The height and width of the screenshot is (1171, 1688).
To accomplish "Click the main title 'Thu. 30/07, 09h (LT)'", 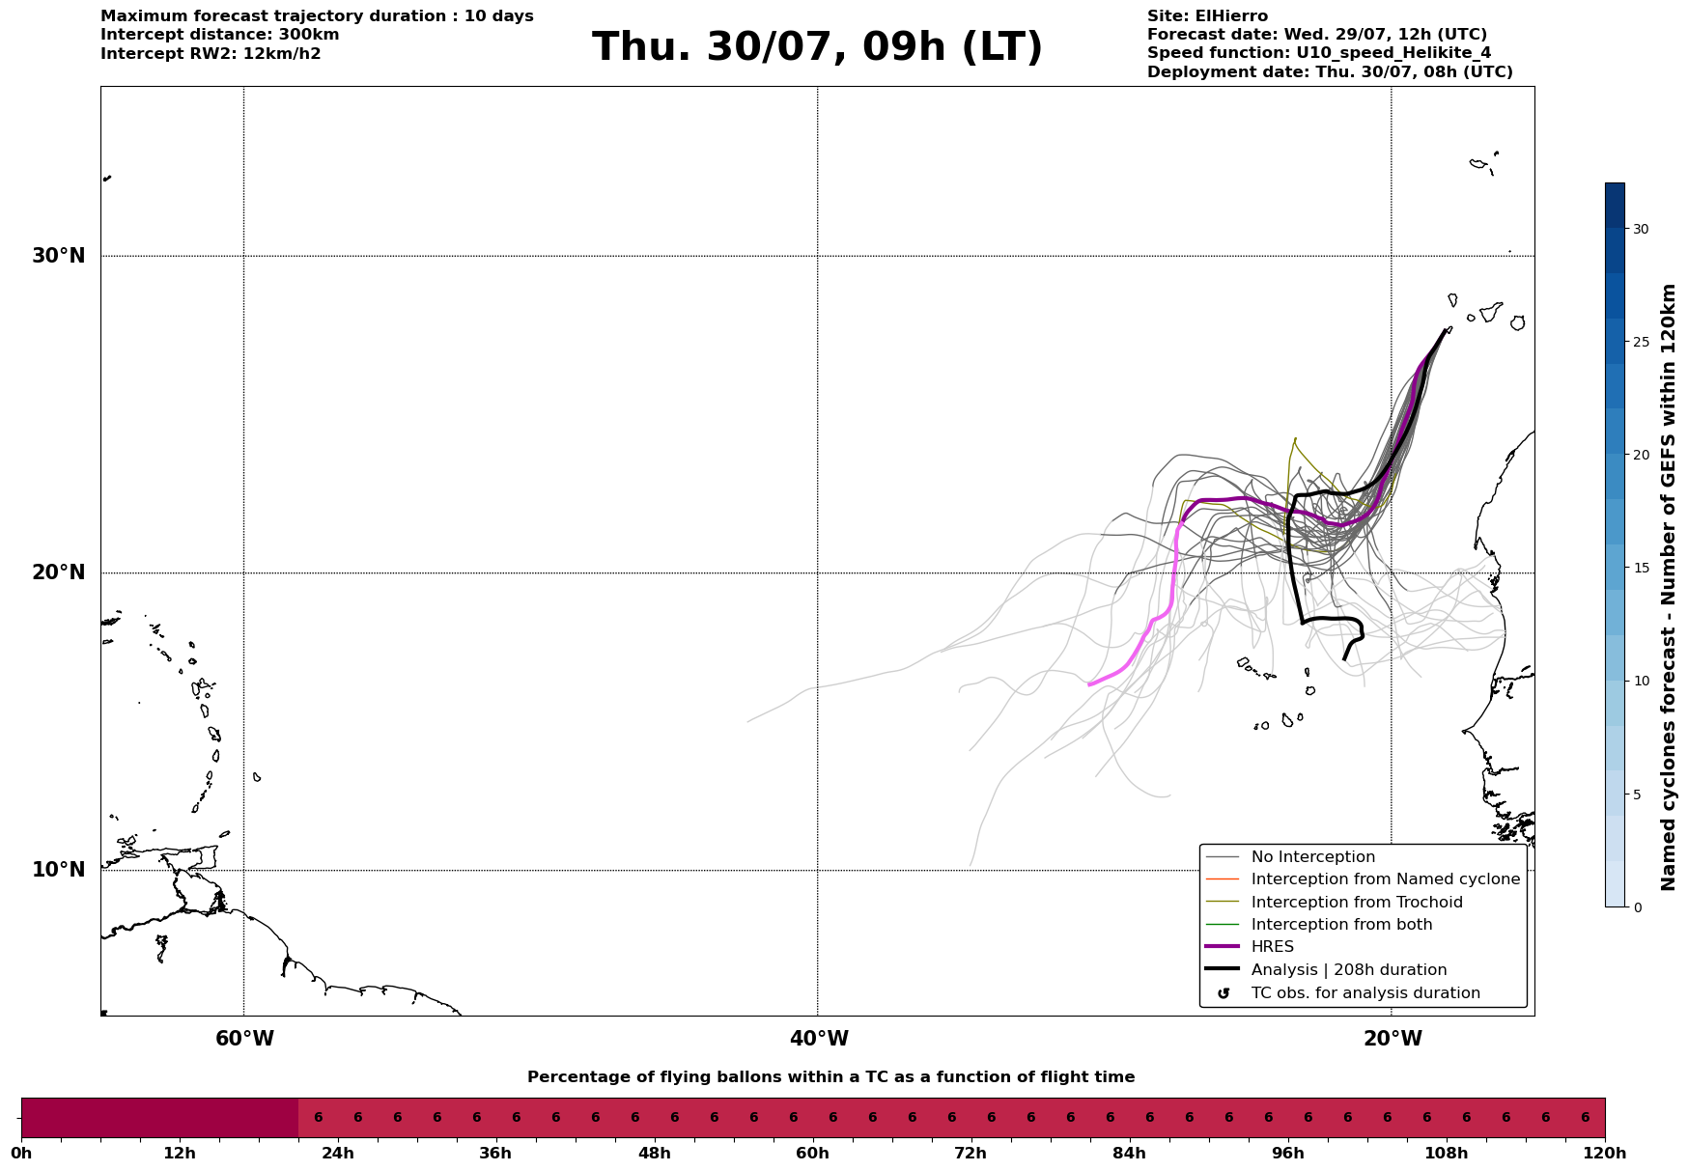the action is point(817,47).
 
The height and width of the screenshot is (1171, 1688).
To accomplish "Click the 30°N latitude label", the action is point(58,256).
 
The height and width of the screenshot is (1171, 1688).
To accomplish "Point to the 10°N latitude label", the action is point(58,870).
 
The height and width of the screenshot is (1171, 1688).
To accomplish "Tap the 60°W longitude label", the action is point(244,1039).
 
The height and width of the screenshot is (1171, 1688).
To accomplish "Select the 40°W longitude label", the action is point(819,1039).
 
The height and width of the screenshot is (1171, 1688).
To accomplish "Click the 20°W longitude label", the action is point(1393,1039).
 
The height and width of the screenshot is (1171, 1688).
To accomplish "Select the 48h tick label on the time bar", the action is point(654,1153).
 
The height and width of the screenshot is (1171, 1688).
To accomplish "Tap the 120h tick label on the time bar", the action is point(1605,1153).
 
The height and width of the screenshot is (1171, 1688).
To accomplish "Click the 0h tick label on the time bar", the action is point(21,1153).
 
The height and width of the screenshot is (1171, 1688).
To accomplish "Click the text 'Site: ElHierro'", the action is point(1207,16).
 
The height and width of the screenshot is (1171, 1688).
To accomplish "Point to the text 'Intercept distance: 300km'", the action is point(220,35).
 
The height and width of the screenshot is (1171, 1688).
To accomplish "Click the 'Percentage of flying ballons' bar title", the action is point(830,1077).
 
